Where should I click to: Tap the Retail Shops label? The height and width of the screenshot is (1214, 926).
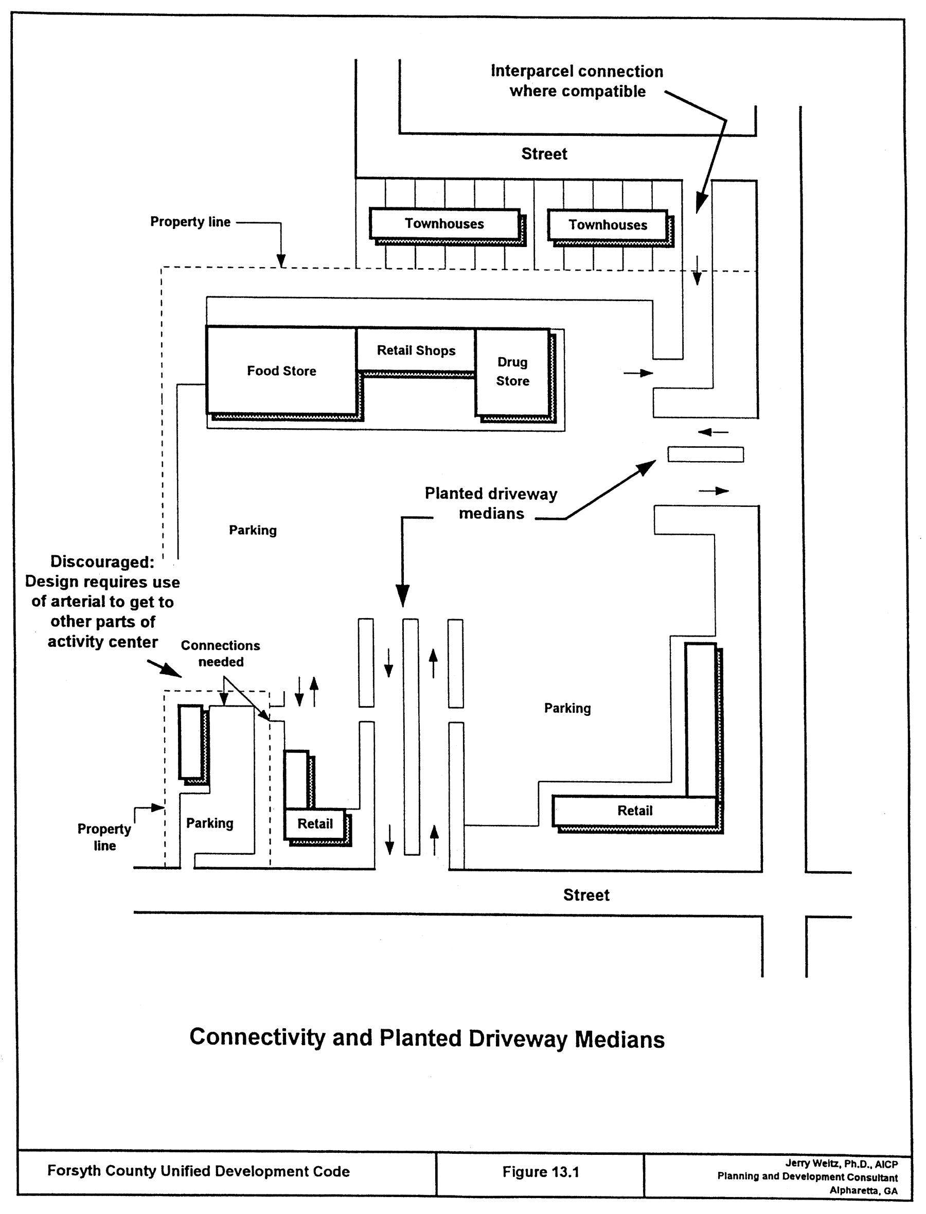[x=416, y=350]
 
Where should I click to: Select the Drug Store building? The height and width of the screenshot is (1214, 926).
[x=512, y=372]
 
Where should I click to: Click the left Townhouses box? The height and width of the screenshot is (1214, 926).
[x=444, y=224]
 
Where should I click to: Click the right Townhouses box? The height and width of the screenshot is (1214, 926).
[x=608, y=225]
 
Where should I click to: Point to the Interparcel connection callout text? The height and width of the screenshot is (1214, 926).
[x=577, y=81]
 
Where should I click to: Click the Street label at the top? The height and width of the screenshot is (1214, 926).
[x=544, y=154]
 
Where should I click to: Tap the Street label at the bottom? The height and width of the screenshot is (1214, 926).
[x=586, y=895]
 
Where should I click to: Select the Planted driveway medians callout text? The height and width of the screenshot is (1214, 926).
[x=491, y=503]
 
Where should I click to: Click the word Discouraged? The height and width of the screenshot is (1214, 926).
[x=102, y=562]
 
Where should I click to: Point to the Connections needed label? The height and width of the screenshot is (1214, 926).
[x=221, y=653]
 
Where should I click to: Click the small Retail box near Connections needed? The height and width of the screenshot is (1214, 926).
[x=315, y=824]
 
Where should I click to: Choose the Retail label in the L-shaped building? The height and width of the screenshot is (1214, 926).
[x=634, y=811]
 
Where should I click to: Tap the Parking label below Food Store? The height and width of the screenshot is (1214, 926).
[x=253, y=531]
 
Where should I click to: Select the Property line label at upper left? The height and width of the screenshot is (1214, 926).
[x=190, y=222]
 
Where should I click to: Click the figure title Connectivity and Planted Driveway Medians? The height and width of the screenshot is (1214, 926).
[x=426, y=1038]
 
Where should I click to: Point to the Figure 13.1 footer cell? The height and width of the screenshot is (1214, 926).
[x=540, y=1172]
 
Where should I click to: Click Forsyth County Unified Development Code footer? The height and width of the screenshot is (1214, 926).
[x=199, y=1171]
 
